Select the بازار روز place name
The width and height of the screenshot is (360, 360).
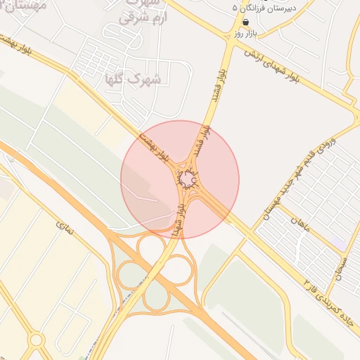247,33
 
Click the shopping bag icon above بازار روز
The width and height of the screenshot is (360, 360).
245,22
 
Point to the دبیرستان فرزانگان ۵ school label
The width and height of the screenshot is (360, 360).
265,8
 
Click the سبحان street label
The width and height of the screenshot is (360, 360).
341,266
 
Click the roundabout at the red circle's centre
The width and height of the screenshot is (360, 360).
187,180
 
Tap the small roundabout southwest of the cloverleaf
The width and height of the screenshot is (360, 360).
37,340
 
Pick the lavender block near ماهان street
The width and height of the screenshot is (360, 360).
340,242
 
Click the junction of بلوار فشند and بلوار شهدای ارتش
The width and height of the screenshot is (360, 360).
229,46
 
